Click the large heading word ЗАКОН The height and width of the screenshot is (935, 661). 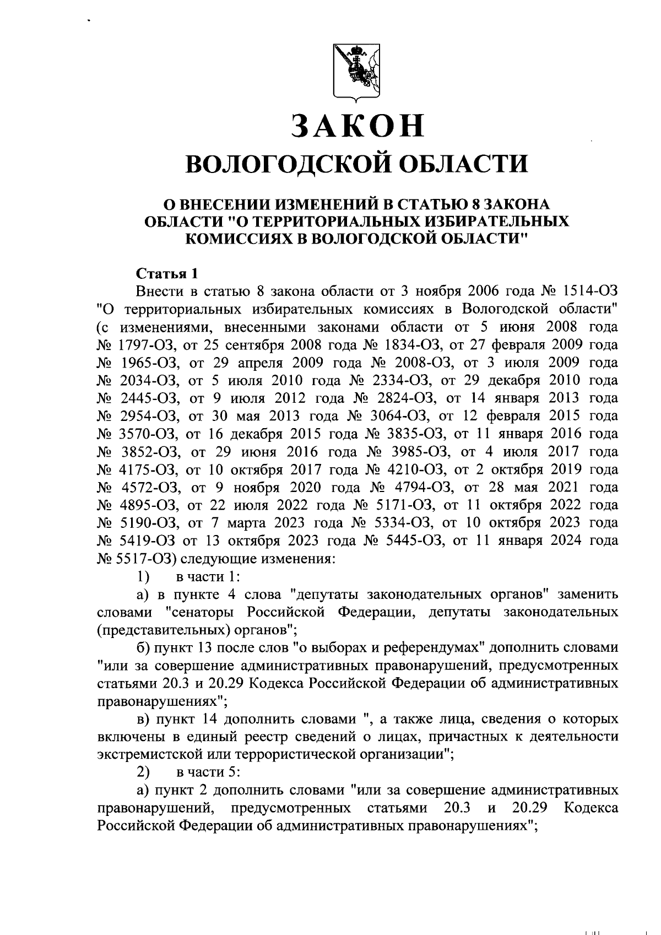(x=357, y=126)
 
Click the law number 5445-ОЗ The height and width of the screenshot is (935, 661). (x=413, y=541)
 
